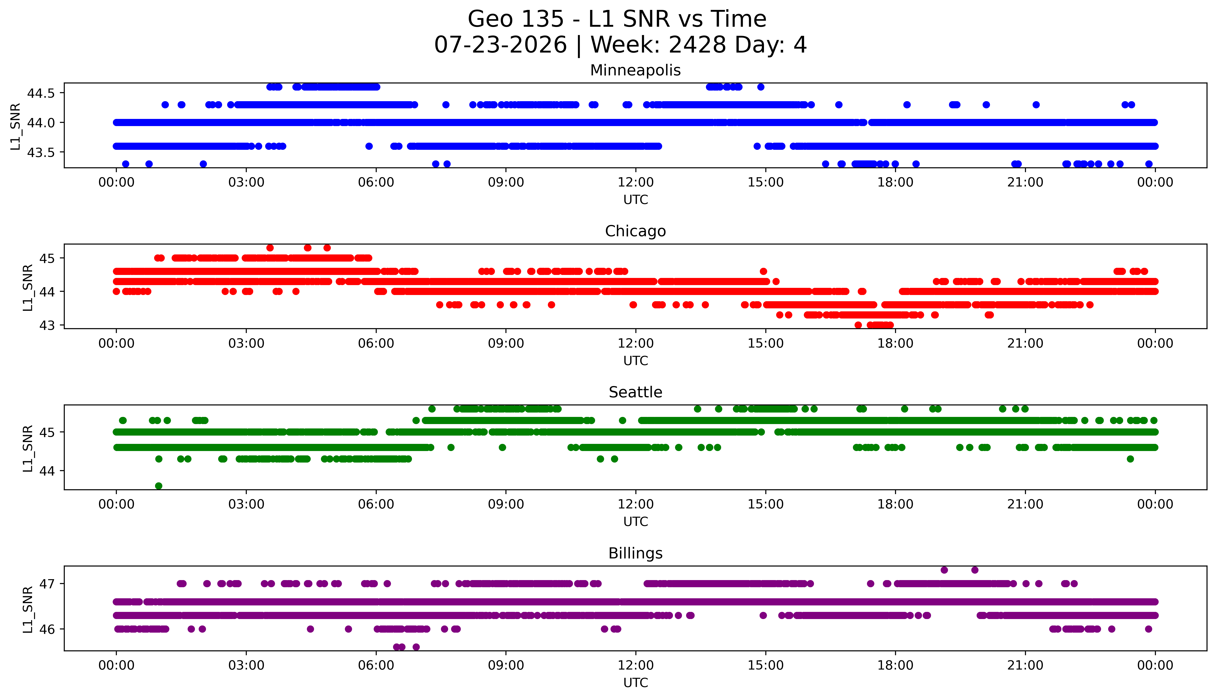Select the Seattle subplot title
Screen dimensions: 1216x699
635,392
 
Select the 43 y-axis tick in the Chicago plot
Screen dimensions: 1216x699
48,325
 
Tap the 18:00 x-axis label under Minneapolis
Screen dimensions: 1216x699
896,183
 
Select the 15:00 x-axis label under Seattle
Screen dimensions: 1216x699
765,504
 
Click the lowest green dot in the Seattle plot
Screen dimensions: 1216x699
159,486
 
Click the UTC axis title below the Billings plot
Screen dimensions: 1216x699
635,683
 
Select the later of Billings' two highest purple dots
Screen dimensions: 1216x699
975,570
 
